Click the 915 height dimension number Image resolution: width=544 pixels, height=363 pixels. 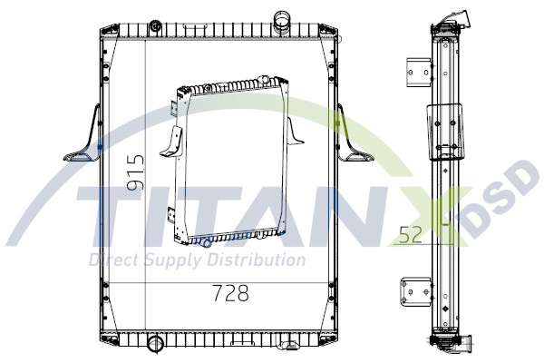click(x=135, y=172)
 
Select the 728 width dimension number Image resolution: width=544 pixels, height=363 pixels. click(x=230, y=293)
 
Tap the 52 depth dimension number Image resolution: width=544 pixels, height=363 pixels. click(x=410, y=236)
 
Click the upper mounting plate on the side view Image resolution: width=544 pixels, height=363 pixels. click(x=418, y=70)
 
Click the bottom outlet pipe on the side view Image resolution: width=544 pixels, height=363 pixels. click(x=468, y=344)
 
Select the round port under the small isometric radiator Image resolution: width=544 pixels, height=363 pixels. click(x=206, y=243)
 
